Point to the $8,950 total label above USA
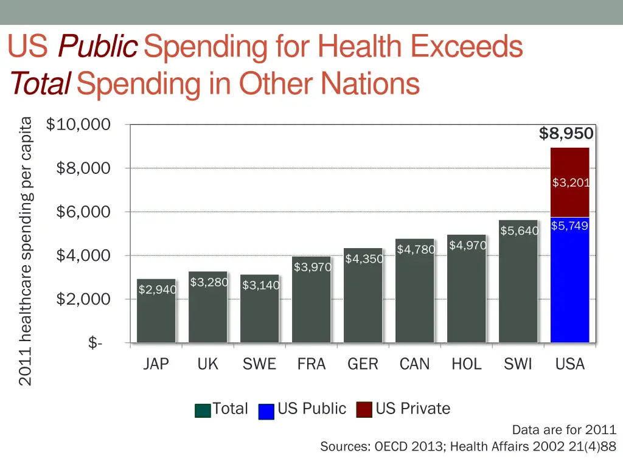566,134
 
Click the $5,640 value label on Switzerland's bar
519,230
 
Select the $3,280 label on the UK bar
209,282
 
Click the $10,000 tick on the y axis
78,125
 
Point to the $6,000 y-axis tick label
83,212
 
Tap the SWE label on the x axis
259,364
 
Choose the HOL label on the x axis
467,364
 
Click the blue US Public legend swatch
266,410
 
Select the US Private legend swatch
364,410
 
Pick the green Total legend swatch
203,410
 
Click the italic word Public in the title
97,47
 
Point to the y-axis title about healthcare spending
25,251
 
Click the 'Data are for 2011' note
564,429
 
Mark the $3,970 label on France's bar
312,267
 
